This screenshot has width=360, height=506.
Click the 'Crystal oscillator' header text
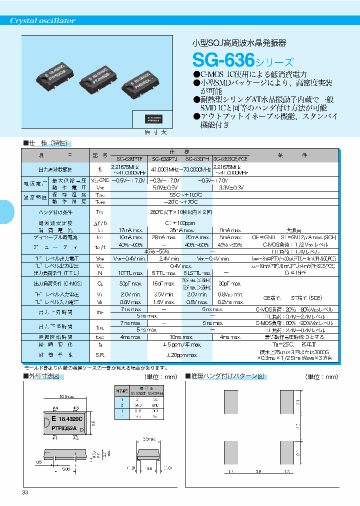(x=43, y=21)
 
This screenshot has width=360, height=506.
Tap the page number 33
(x=25, y=493)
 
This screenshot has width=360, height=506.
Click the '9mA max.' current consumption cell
(x=229, y=230)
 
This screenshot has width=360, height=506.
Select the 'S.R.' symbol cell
(x=99, y=355)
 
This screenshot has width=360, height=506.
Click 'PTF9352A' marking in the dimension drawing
(x=63, y=428)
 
